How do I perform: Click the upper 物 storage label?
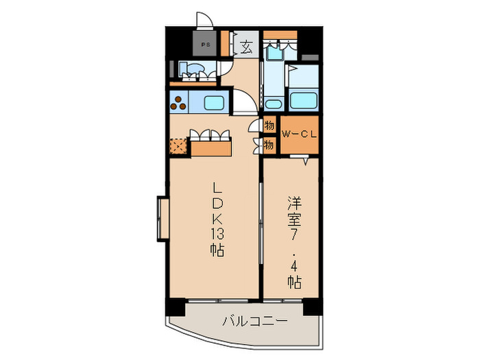269,126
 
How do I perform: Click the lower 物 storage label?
269,145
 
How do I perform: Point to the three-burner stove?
180,104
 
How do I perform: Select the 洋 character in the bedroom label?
296,204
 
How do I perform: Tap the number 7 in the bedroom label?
296,233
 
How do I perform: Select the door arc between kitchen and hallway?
247,104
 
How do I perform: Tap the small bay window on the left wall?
163,219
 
